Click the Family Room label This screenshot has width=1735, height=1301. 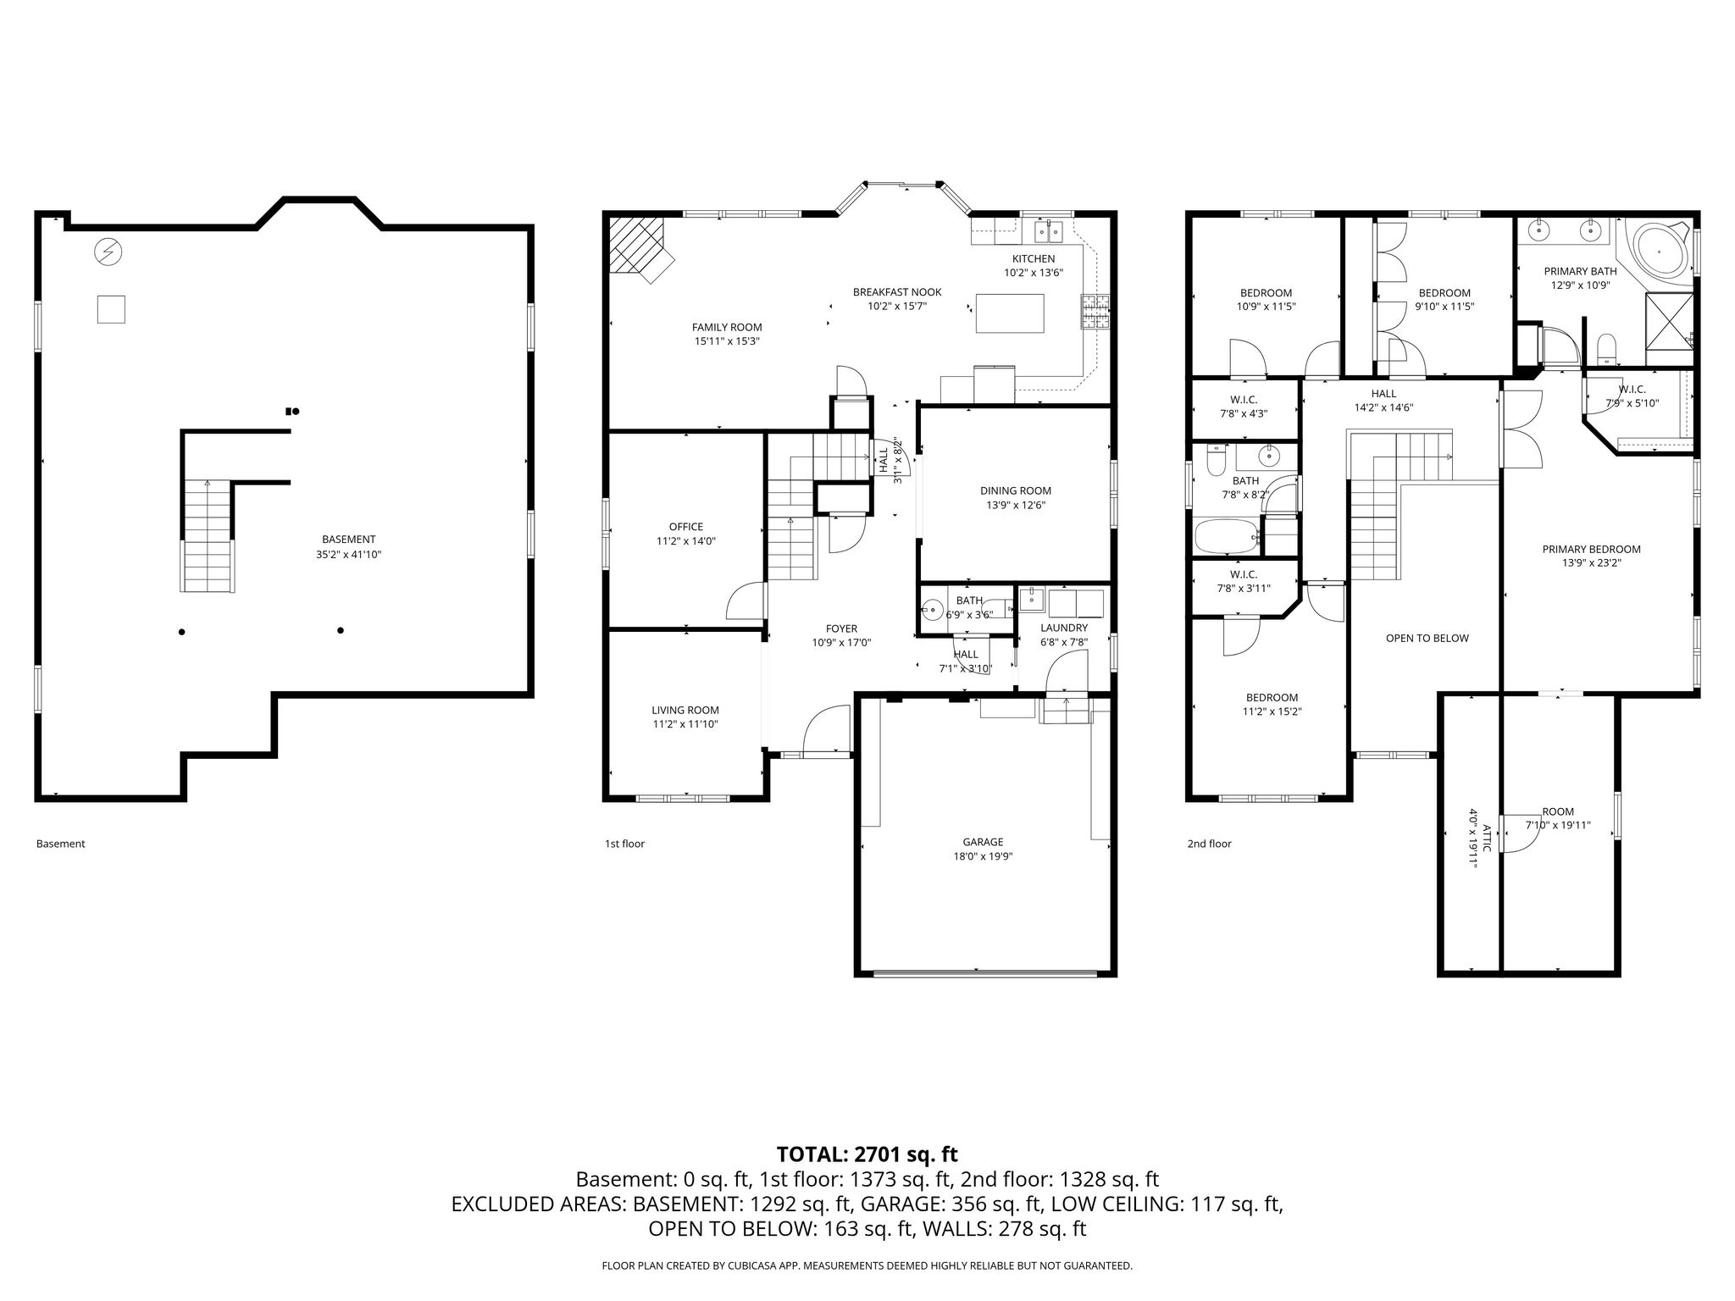[x=727, y=327]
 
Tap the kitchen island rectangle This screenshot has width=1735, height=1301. [x=1010, y=313]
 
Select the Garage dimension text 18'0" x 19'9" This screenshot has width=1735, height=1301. [x=983, y=855]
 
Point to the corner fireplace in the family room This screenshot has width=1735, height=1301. [x=640, y=247]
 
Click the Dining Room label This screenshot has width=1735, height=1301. [x=1016, y=490]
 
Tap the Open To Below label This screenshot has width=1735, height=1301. [x=1427, y=638]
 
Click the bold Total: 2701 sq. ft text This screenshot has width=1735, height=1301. [x=867, y=1154]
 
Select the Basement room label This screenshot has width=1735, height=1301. [x=348, y=540]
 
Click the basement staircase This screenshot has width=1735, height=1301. [x=207, y=535]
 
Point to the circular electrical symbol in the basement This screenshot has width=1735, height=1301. [x=108, y=252]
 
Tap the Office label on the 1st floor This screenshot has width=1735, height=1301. [x=686, y=527]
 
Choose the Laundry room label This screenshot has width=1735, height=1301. [x=1064, y=628]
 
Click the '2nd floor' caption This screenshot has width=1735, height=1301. [x=1209, y=844]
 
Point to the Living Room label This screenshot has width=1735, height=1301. [x=685, y=711]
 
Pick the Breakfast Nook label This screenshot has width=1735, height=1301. [x=897, y=292]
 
